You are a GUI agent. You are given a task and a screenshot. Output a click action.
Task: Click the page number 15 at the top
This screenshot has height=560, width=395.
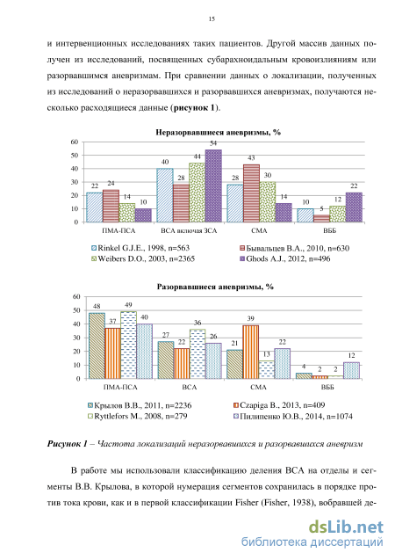pyautogui.click(x=212, y=19)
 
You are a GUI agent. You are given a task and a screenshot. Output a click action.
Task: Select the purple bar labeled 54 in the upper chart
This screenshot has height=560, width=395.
pyautogui.click(x=213, y=185)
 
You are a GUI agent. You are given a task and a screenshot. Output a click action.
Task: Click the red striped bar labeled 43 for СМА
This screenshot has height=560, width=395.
pyautogui.click(x=251, y=193)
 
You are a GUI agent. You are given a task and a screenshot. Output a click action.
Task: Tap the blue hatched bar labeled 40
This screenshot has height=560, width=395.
pyautogui.click(x=165, y=195)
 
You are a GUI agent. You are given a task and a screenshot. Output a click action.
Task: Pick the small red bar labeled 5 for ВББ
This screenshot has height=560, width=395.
pyautogui.click(x=321, y=219)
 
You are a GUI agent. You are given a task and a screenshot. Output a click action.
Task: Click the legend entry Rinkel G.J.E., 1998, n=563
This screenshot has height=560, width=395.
pyautogui.click(x=140, y=248)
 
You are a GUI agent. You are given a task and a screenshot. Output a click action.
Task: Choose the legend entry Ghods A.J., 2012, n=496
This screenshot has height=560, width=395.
pyautogui.click(x=284, y=259)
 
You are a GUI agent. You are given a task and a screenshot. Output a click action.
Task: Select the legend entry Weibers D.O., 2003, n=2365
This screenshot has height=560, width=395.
pyautogui.click(x=143, y=259)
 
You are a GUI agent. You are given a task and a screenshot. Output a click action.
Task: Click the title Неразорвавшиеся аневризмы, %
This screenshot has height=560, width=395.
pyautogui.click(x=219, y=133)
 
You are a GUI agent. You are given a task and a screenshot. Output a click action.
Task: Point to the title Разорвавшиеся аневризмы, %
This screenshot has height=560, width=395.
pyautogui.click(x=215, y=287)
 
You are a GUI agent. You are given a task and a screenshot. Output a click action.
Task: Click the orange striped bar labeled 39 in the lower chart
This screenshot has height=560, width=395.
pyautogui.click(x=251, y=353)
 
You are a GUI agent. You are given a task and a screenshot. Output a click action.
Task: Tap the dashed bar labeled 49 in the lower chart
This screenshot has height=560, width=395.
pyautogui.click(x=128, y=345)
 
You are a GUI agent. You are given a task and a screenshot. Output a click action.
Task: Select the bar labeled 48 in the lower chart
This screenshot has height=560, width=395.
pyautogui.click(x=97, y=346)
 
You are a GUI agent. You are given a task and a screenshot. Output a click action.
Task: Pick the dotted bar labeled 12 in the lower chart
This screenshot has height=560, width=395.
pyautogui.click(x=352, y=371)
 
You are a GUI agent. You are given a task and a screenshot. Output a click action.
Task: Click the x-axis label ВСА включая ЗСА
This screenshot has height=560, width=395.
pyautogui.click(x=189, y=231)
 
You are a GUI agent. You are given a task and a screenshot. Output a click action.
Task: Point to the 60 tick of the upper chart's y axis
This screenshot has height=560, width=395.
pyautogui.click(x=74, y=142)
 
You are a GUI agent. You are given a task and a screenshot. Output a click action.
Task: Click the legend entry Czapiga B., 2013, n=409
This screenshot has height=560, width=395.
pyautogui.click(x=279, y=405)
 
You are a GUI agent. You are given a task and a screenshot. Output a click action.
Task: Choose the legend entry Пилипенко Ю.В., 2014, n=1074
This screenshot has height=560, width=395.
pyautogui.click(x=292, y=417)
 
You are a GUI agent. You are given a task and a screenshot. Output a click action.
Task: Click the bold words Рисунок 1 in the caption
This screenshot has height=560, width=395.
pyautogui.click(x=67, y=444)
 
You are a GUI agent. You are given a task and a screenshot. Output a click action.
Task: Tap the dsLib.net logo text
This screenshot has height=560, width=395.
pyautogui.click(x=346, y=527)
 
